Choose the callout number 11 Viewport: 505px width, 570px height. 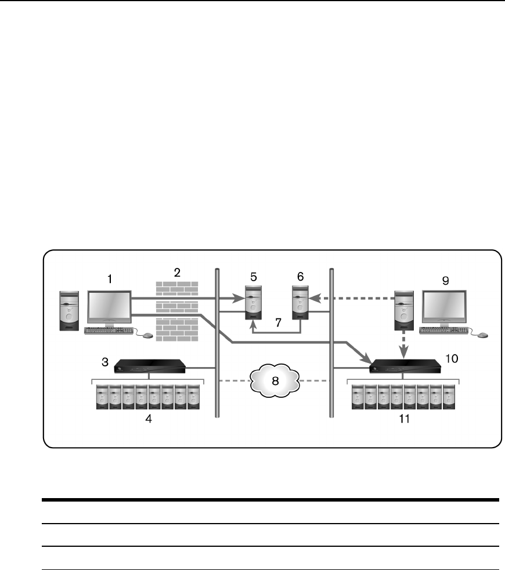click(405, 419)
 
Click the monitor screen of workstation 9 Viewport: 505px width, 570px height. click(444, 307)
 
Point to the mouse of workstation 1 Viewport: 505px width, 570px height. click(147, 335)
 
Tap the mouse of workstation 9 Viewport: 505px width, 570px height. click(482, 335)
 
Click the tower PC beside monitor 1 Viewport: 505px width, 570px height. click(69, 311)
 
